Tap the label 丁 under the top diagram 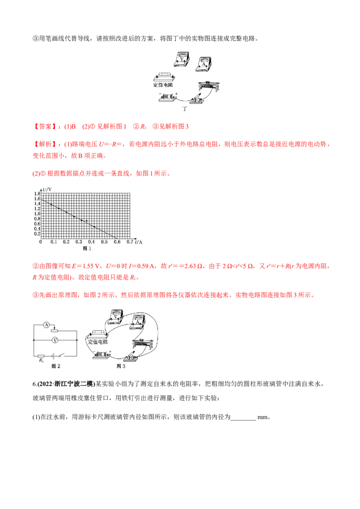click(x=184, y=109)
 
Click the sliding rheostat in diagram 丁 click(x=208, y=85)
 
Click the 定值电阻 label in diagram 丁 click(x=164, y=85)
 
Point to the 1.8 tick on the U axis click(x=36, y=193)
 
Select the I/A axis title click(x=138, y=242)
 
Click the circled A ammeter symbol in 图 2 click(x=46, y=325)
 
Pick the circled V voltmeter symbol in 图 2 click(x=55, y=340)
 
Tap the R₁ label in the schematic click(x=41, y=360)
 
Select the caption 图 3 click(x=121, y=366)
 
